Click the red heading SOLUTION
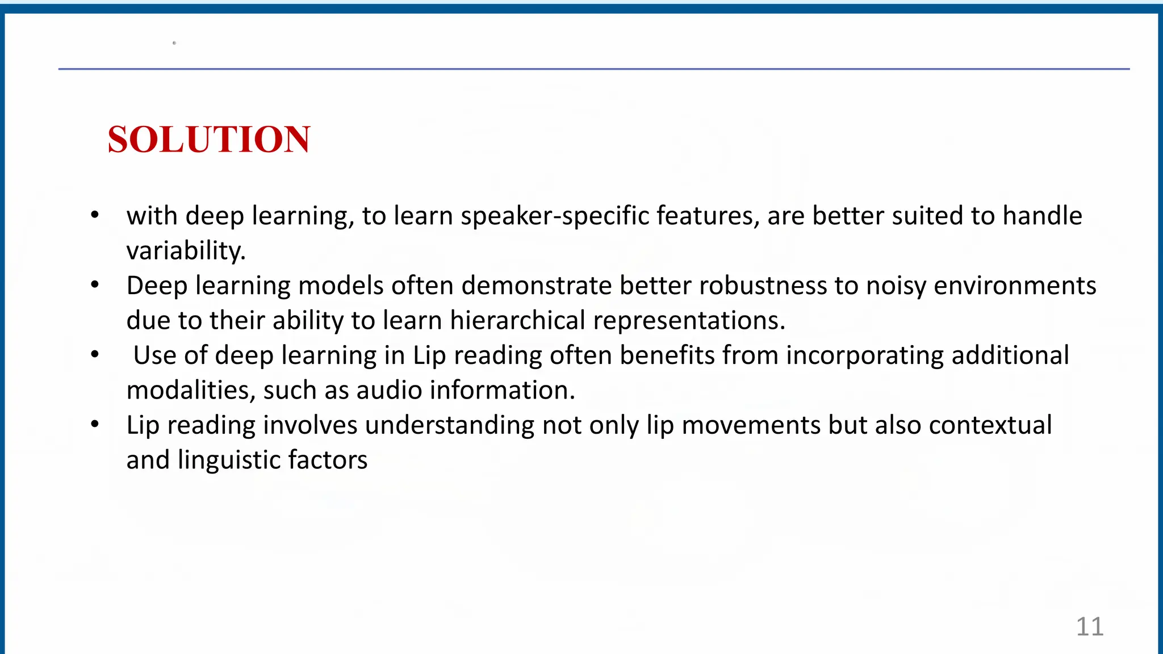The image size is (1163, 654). pyautogui.click(x=209, y=139)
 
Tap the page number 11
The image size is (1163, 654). pyautogui.click(x=1090, y=627)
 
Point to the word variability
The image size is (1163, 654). pyautogui.click(x=186, y=250)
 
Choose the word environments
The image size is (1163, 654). pyautogui.click(x=1015, y=286)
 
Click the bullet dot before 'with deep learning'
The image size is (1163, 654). pyautogui.click(x=95, y=215)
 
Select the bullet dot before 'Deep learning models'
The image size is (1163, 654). pyautogui.click(x=95, y=285)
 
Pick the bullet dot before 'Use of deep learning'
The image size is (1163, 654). pyautogui.click(x=95, y=355)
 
